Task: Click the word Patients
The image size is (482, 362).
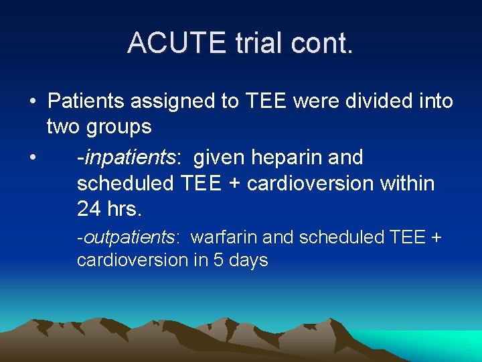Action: [87, 101]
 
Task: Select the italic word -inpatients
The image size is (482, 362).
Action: [126, 158]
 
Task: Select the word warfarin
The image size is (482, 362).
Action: [225, 237]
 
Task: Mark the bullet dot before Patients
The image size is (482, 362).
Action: [32, 102]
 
